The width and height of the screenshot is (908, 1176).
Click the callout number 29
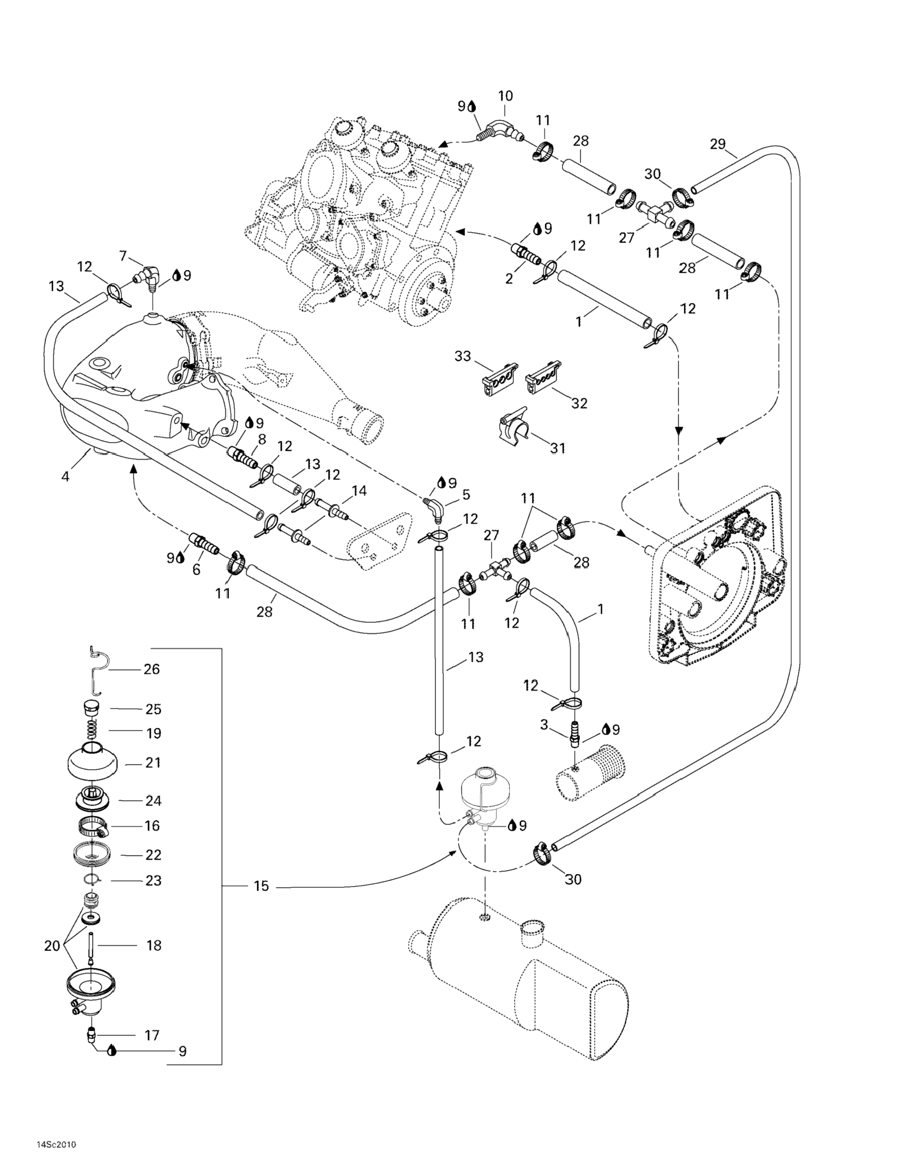coord(717,144)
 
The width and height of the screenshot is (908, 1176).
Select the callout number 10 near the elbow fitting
coord(505,96)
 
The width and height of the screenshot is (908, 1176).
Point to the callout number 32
coord(579,403)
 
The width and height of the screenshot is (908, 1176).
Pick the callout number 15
coord(261,886)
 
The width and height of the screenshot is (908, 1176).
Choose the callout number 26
coord(152,669)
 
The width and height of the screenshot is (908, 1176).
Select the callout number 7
coord(123,256)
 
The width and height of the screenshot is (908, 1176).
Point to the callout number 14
coord(359,490)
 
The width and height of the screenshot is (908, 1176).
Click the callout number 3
coord(544,725)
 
